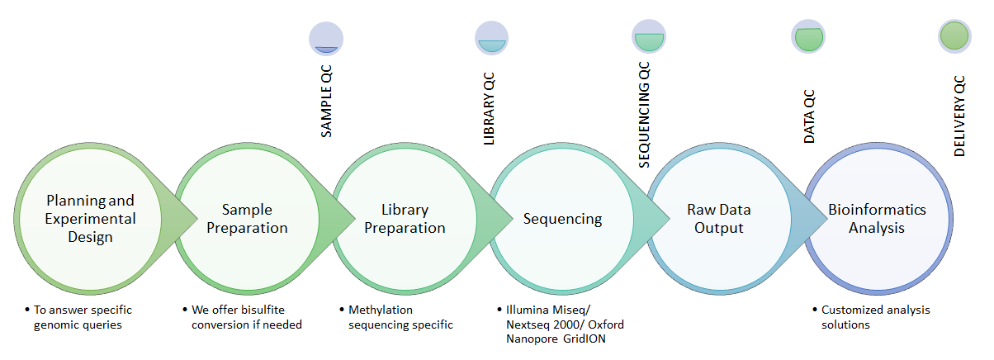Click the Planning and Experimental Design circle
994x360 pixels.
pyautogui.click(x=90, y=219)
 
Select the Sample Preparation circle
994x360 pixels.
pyautogui.click(x=248, y=219)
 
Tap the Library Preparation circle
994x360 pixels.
pyautogui.click(x=405, y=219)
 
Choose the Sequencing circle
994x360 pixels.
pyautogui.click(x=562, y=219)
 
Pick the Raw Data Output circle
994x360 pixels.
pyautogui.click(x=719, y=219)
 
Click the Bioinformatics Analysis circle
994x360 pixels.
pyautogui.click(x=878, y=219)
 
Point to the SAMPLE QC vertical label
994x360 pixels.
pyautogui.click(x=326, y=102)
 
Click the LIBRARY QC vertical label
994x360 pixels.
pyautogui.click(x=489, y=109)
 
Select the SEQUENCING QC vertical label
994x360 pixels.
pyautogui.click(x=644, y=115)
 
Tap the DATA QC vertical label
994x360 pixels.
pyautogui.click(x=809, y=116)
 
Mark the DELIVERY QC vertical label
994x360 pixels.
pyautogui.click(x=959, y=116)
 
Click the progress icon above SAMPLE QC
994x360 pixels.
pyautogui.click(x=326, y=39)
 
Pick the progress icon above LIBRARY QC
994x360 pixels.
pyautogui.click(x=492, y=38)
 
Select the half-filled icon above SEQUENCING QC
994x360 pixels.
pyautogui.click(x=649, y=36)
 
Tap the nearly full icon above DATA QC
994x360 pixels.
pyautogui.click(x=808, y=36)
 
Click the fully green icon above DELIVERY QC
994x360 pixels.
pyautogui.click(x=954, y=36)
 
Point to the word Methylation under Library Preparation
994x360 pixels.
pyautogui.click(x=381, y=310)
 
